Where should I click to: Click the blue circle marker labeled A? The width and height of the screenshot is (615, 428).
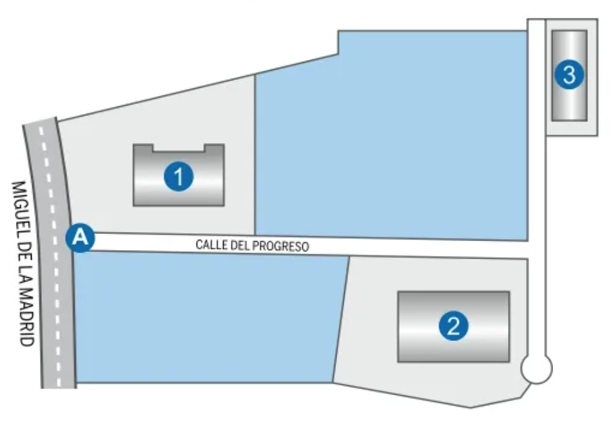click(x=81, y=238)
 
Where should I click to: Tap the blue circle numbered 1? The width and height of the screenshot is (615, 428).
click(x=179, y=177)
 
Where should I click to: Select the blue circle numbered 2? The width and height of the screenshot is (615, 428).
click(x=453, y=326)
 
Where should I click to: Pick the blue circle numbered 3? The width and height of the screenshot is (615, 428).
click(x=569, y=75)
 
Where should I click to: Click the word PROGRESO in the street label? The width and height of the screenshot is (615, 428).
click(x=280, y=246)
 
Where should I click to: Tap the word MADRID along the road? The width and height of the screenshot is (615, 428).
click(x=26, y=318)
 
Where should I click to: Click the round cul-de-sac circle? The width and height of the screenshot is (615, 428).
click(x=536, y=369)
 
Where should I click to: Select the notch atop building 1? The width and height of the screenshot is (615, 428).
click(x=179, y=148)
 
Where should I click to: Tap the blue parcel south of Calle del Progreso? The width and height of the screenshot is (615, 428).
click(x=204, y=318)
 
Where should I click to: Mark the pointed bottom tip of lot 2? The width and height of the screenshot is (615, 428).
click(x=470, y=407)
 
